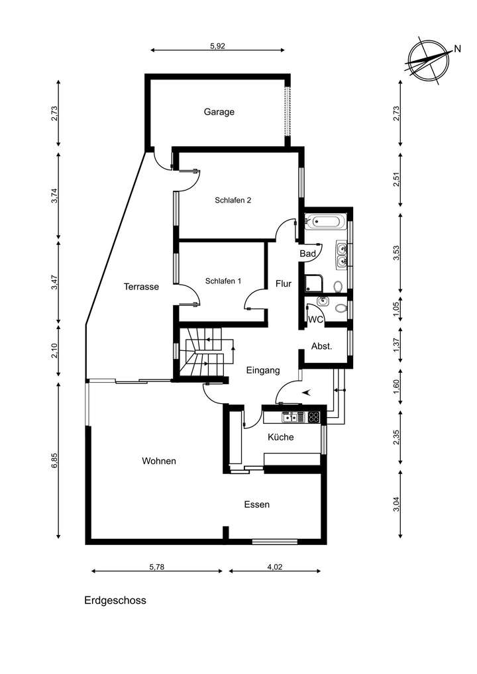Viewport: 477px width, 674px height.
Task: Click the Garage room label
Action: pos(219,112)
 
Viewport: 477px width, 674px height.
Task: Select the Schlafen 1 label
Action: pos(223,281)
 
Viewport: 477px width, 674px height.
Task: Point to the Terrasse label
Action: pos(141,287)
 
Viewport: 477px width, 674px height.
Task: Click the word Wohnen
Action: pos(159,461)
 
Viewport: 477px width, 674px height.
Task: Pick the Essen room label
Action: pos(256,505)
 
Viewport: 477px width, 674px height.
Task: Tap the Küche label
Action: pos(280,437)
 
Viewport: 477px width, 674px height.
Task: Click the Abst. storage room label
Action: pos(321,346)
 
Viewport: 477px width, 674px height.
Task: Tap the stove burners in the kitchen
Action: pos(313,417)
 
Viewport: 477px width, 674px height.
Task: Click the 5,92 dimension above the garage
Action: pos(218,46)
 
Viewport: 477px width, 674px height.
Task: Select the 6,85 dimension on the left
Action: pos(54,461)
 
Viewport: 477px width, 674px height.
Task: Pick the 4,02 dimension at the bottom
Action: pos(274,567)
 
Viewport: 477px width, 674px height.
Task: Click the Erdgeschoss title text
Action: pos(115,601)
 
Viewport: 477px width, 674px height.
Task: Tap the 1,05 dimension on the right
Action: pos(396,310)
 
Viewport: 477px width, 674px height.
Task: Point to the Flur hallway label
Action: pos(284,283)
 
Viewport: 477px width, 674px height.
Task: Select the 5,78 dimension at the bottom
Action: pos(157,567)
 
